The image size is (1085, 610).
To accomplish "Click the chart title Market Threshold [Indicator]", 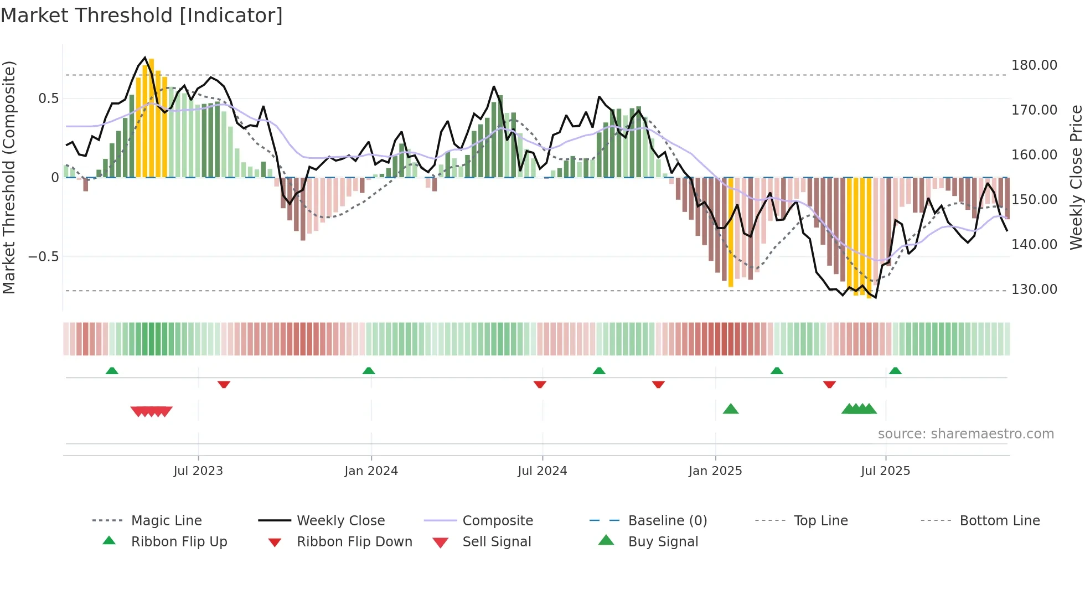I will pos(142,15).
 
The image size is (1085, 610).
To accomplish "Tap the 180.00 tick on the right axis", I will pos(1034,65).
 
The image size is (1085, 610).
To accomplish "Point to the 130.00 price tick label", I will pos(1034,290).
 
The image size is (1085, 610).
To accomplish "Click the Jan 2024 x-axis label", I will pos(371,471).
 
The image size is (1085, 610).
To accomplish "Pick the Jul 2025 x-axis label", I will pos(885,471).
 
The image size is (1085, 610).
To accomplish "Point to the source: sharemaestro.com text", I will pos(965,434).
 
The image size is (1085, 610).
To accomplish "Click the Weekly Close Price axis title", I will pos(1076,177).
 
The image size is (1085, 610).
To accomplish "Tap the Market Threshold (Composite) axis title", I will pos(9,177).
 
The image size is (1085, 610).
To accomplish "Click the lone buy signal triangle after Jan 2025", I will pos(731,409).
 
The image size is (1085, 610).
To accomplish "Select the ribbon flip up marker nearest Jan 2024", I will pos(369,371).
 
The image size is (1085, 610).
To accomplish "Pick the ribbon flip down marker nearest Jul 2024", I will pos(540,384).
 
